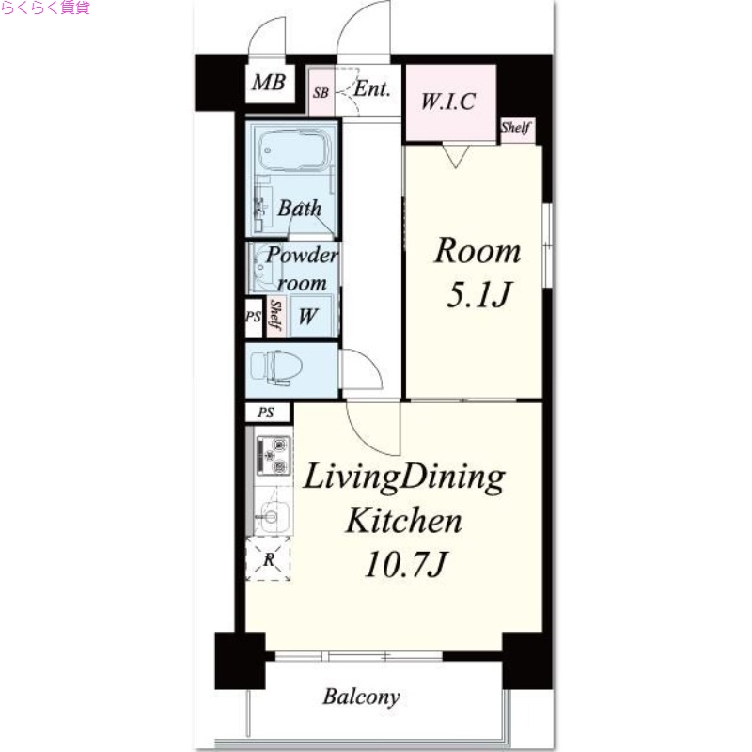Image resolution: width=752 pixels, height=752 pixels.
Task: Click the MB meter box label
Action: (269, 83)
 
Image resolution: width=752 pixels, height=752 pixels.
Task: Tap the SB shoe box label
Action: (321, 92)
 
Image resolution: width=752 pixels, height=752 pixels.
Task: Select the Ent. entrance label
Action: (372, 88)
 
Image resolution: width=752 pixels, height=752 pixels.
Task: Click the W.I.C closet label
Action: (448, 102)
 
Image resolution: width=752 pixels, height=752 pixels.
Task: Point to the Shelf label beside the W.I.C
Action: (516, 127)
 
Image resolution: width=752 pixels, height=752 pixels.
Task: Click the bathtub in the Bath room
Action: (295, 149)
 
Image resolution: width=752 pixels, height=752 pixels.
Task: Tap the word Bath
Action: (300, 208)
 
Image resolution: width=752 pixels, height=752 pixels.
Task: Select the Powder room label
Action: (302, 269)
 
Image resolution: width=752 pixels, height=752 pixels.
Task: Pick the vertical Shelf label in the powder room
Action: (275, 315)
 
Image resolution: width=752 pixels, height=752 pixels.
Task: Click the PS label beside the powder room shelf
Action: (253, 317)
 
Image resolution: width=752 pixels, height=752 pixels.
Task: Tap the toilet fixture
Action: (276, 368)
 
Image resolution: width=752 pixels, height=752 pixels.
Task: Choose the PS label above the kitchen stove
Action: (266, 412)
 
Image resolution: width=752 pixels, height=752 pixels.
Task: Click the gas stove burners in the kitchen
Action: (274, 454)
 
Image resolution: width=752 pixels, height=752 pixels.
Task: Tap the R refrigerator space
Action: (269, 559)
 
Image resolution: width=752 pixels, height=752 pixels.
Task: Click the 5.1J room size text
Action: (479, 294)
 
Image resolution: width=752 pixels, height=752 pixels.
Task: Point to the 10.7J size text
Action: (406, 564)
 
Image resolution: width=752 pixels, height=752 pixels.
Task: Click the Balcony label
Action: (361, 697)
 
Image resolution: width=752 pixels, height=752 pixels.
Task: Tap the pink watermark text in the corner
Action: (45, 8)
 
